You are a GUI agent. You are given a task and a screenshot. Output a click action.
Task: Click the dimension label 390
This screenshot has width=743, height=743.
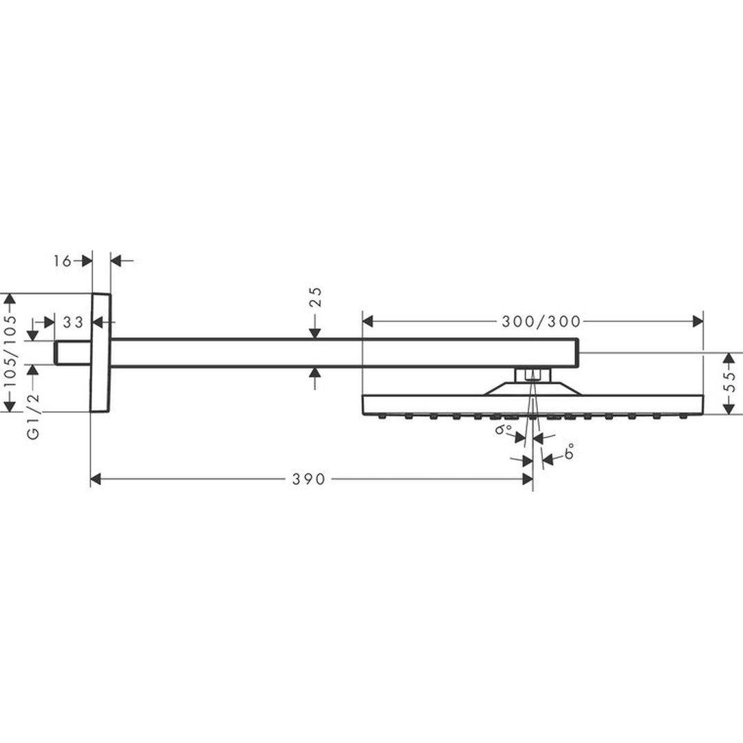(x=308, y=479)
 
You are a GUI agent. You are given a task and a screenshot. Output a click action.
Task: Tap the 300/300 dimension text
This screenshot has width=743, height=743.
(x=541, y=322)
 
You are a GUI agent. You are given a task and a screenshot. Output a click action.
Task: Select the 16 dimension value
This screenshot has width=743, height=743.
(x=62, y=261)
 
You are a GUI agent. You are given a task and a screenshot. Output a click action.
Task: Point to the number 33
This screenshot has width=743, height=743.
(x=73, y=322)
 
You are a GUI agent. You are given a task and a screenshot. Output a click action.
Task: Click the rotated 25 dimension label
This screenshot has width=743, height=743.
(x=316, y=297)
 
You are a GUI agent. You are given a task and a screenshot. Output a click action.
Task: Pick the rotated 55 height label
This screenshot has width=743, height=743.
(x=730, y=382)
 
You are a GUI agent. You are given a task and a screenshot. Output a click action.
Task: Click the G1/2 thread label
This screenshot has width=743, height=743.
(x=33, y=416)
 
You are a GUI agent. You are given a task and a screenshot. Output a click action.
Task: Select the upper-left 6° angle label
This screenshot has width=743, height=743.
(x=503, y=430)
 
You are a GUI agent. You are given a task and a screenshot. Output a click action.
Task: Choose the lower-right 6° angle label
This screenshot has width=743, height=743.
(x=570, y=451)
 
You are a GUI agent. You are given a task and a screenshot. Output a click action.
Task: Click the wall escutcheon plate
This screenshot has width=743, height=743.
(x=100, y=352)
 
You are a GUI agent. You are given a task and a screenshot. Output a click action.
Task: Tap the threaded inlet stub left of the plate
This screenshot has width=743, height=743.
(x=72, y=353)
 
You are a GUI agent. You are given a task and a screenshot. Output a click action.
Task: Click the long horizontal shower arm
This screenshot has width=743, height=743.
(x=345, y=353)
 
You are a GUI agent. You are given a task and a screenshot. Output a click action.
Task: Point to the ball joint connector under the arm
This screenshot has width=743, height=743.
(x=532, y=375)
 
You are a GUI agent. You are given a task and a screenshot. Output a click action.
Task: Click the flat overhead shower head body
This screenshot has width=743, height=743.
(x=532, y=405)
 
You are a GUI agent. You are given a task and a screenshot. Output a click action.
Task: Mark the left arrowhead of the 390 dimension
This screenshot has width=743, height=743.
(x=95, y=479)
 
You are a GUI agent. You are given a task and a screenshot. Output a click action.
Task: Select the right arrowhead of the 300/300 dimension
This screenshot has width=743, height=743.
(x=698, y=322)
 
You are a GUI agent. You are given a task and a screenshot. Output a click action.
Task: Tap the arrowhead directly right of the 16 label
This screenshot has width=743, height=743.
(x=87, y=261)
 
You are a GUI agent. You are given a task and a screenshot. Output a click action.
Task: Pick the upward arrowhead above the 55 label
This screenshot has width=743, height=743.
(x=730, y=358)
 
